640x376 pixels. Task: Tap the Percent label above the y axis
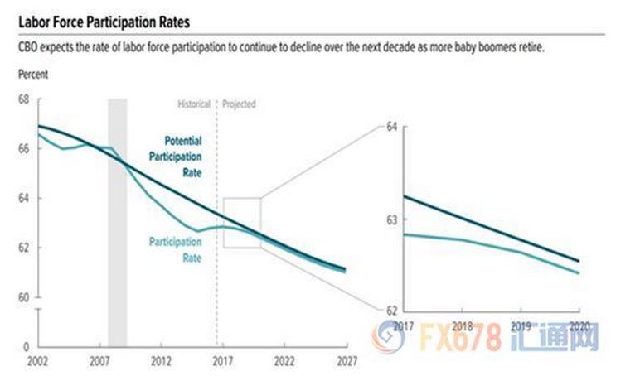coord(33,74)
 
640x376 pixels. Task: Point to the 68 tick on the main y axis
coord(22,99)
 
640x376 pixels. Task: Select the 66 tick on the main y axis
coord(22,149)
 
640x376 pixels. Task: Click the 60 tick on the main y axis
coord(22,298)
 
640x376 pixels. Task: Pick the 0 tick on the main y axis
coord(26,347)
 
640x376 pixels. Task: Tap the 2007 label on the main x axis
coord(99,362)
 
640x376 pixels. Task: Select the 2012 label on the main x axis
coord(160,362)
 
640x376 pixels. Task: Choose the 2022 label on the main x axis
coord(283,362)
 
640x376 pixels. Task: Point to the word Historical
coord(194,105)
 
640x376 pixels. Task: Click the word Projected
coord(240,105)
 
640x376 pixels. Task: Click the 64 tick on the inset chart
coord(393,127)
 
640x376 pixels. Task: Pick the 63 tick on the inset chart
coord(393,219)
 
